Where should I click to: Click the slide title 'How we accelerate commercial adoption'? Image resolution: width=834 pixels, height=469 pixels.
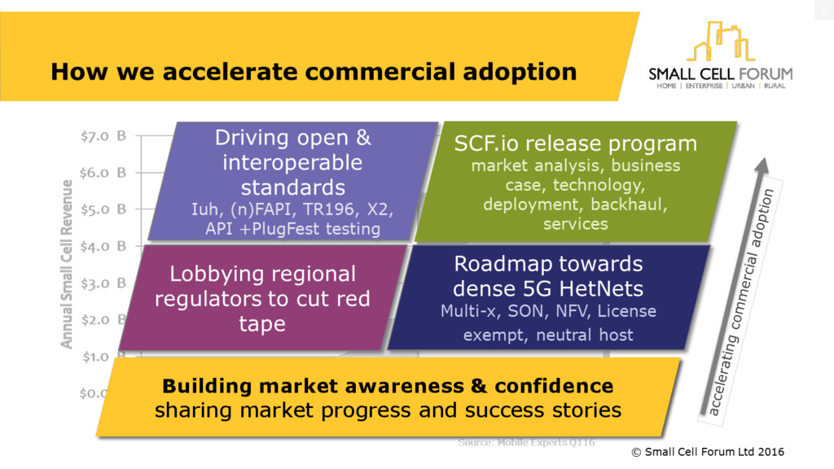click(314, 72)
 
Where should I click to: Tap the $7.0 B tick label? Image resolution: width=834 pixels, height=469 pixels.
click(103, 137)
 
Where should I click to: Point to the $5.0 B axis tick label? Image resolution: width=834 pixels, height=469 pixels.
click(103, 209)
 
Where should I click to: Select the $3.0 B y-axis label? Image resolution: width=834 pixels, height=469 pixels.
click(103, 283)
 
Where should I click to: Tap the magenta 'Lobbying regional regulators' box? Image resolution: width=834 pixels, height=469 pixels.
click(262, 298)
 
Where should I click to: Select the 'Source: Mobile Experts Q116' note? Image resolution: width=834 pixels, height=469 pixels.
click(526, 442)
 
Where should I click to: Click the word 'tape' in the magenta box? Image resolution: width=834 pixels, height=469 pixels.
click(262, 323)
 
